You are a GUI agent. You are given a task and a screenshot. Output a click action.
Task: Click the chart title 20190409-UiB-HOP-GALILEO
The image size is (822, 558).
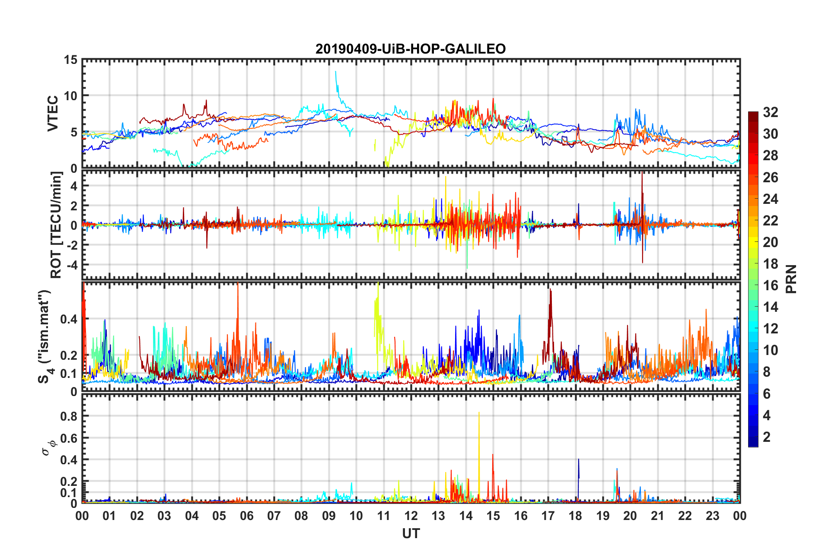coord(410,49)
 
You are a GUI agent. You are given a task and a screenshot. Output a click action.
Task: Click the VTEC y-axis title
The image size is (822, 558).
coord(53,114)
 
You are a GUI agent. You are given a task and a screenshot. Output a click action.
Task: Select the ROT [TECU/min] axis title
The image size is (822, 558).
coord(56,225)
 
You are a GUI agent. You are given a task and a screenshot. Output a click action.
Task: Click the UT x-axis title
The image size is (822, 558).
coord(411,534)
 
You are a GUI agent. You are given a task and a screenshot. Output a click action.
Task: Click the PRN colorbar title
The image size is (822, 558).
coord(791,279)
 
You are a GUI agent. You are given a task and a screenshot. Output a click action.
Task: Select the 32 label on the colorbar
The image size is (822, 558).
coord(770,112)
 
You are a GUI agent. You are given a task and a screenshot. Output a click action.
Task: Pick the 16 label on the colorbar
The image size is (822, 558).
coord(770,285)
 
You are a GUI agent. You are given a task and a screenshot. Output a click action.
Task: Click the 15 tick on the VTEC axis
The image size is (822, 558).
coord(70,60)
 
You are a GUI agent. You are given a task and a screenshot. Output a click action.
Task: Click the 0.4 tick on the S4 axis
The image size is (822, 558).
coord(69,319)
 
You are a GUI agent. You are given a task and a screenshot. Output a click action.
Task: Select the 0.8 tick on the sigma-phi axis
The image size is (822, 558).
coord(69,416)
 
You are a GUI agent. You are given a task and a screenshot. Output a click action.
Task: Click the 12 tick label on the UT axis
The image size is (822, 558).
coord(411,516)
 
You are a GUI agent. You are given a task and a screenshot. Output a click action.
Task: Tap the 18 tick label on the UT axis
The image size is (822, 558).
coord(575,516)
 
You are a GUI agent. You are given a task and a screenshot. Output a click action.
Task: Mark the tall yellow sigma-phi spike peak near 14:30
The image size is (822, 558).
coord(479,413)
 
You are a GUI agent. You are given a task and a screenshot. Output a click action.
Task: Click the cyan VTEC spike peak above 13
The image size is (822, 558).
coord(336,72)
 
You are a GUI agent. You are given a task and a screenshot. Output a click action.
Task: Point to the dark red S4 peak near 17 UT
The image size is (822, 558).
coord(550,290)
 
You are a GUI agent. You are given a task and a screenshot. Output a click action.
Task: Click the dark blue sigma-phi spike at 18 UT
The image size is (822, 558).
coord(578,460)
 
